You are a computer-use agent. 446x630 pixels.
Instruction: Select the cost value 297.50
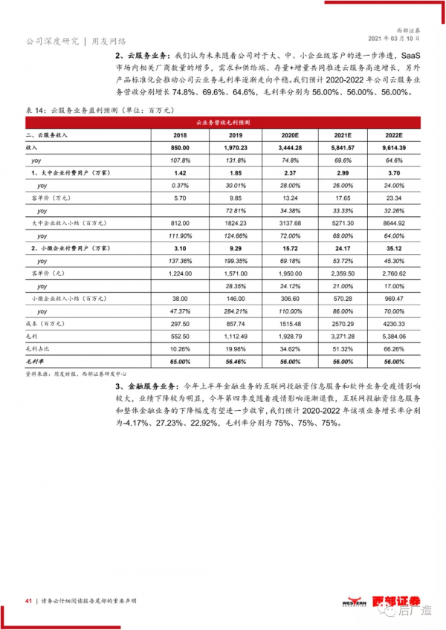[x=180, y=322]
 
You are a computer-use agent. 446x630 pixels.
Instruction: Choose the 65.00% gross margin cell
[x=180, y=360]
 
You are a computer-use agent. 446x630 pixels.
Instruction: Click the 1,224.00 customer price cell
[x=180, y=273]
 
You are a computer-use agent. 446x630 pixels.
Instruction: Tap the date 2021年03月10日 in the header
[x=395, y=39]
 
